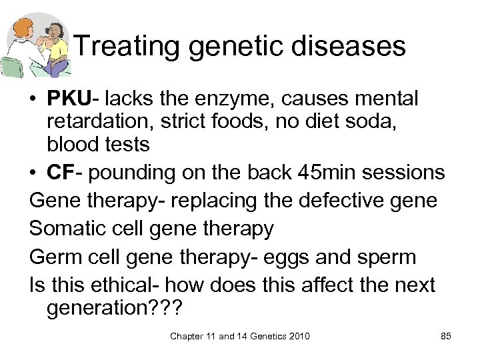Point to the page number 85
(x=446, y=336)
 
